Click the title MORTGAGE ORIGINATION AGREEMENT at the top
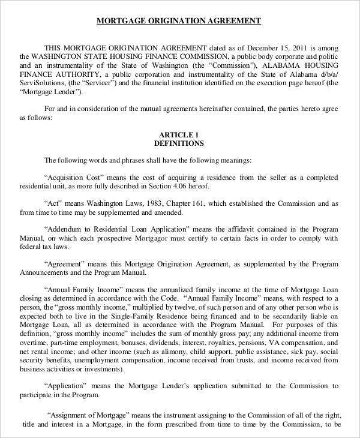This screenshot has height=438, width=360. tap(179, 21)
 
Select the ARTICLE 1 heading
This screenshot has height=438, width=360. tap(179, 134)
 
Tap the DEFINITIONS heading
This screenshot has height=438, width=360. tap(179, 144)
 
